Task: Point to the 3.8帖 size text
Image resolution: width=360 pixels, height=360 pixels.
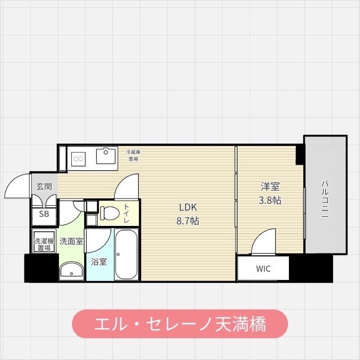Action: (x=270, y=200)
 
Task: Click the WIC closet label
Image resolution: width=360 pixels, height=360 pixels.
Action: (x=263, y=269)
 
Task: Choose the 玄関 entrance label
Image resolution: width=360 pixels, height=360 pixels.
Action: (x=44, y=186)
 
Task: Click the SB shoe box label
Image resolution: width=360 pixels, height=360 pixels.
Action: (x=44, y=214)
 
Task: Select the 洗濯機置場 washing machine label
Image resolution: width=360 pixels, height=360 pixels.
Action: (x=44, y=243)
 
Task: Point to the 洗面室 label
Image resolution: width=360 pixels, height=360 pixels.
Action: (x=71, y=241)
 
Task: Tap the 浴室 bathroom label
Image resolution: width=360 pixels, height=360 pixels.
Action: (x=99, y=261)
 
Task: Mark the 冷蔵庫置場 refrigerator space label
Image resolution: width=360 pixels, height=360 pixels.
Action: (x=133, y=155)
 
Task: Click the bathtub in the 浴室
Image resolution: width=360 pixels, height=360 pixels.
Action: (x=126, y=254)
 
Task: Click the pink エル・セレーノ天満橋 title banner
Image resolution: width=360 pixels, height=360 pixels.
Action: (x=180, y=323)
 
